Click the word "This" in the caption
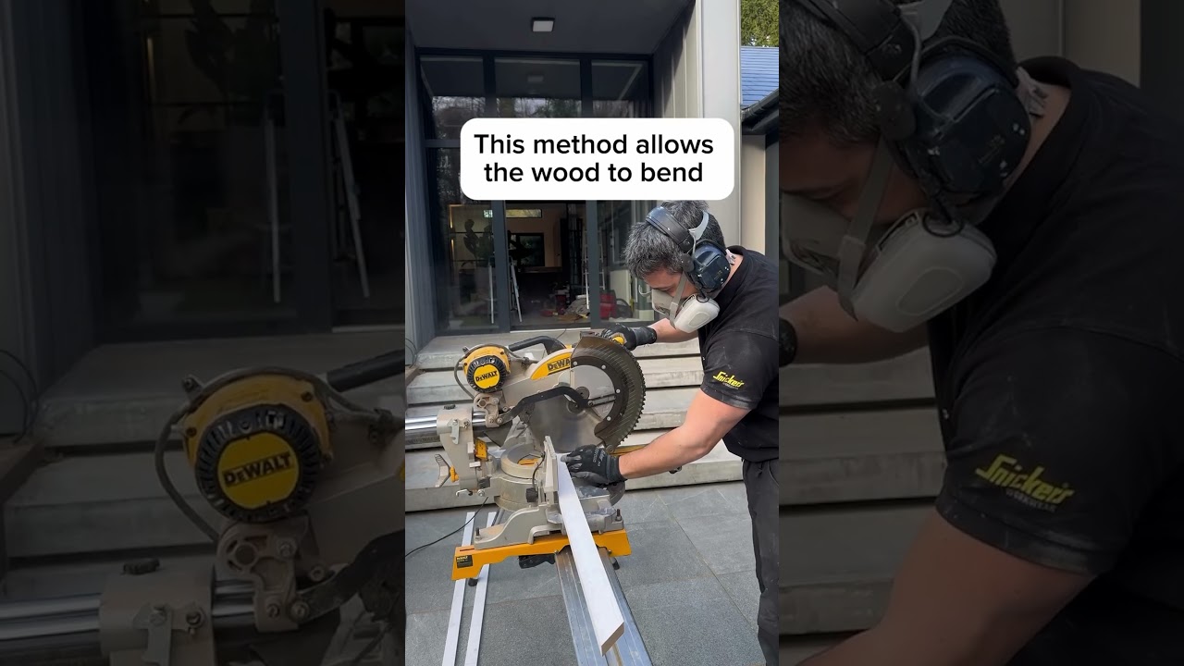(499, 144)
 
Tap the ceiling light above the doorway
(542, 24)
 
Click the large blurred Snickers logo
(1023, 482)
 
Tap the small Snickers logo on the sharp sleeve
(728, 380)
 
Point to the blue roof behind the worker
(759, 74)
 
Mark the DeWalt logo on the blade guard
(558, 364)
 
